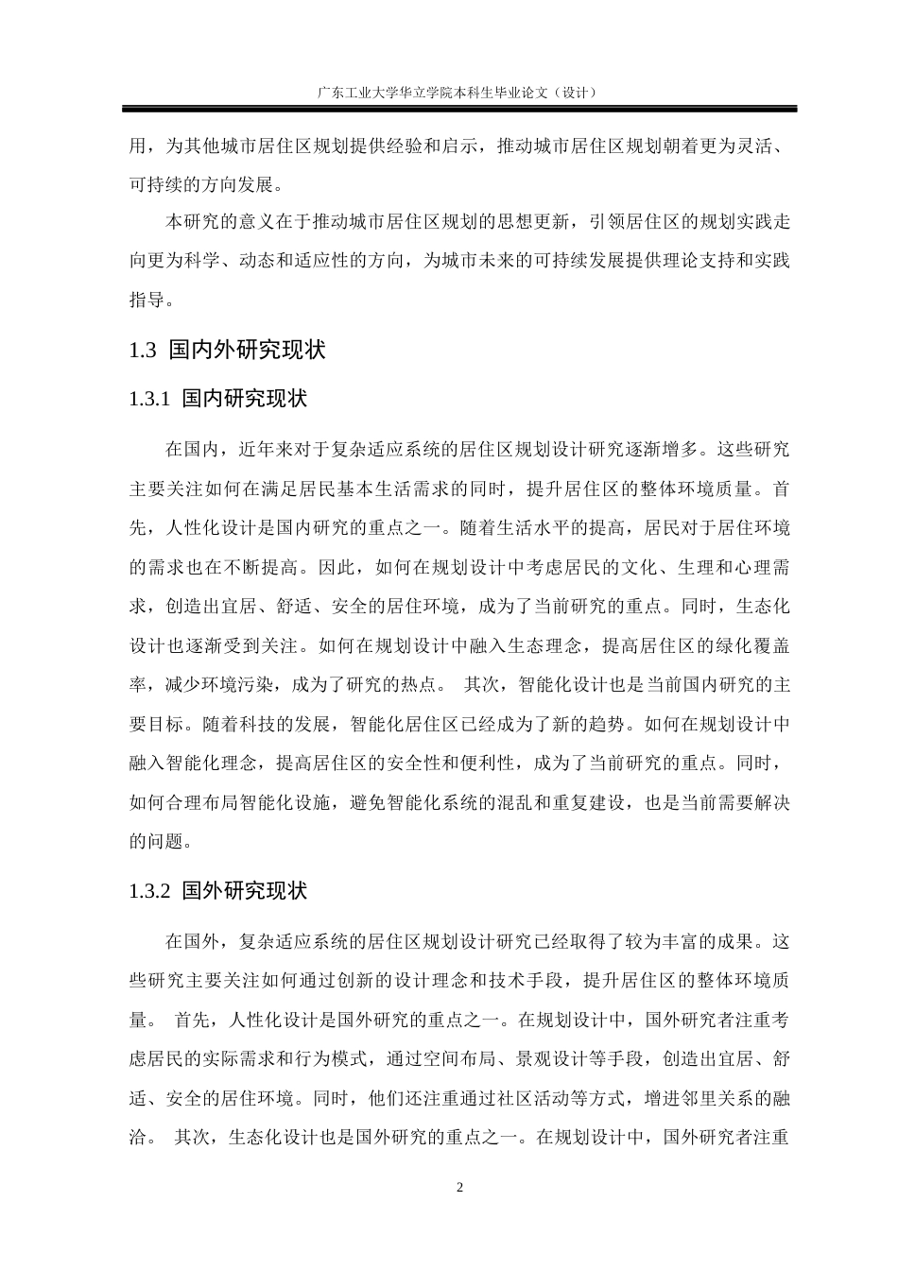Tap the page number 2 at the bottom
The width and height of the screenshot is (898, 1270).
tap(460, 1188)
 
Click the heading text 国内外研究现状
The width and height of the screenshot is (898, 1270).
tap(247, 350)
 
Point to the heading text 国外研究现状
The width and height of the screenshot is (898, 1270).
tap(245, 891)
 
